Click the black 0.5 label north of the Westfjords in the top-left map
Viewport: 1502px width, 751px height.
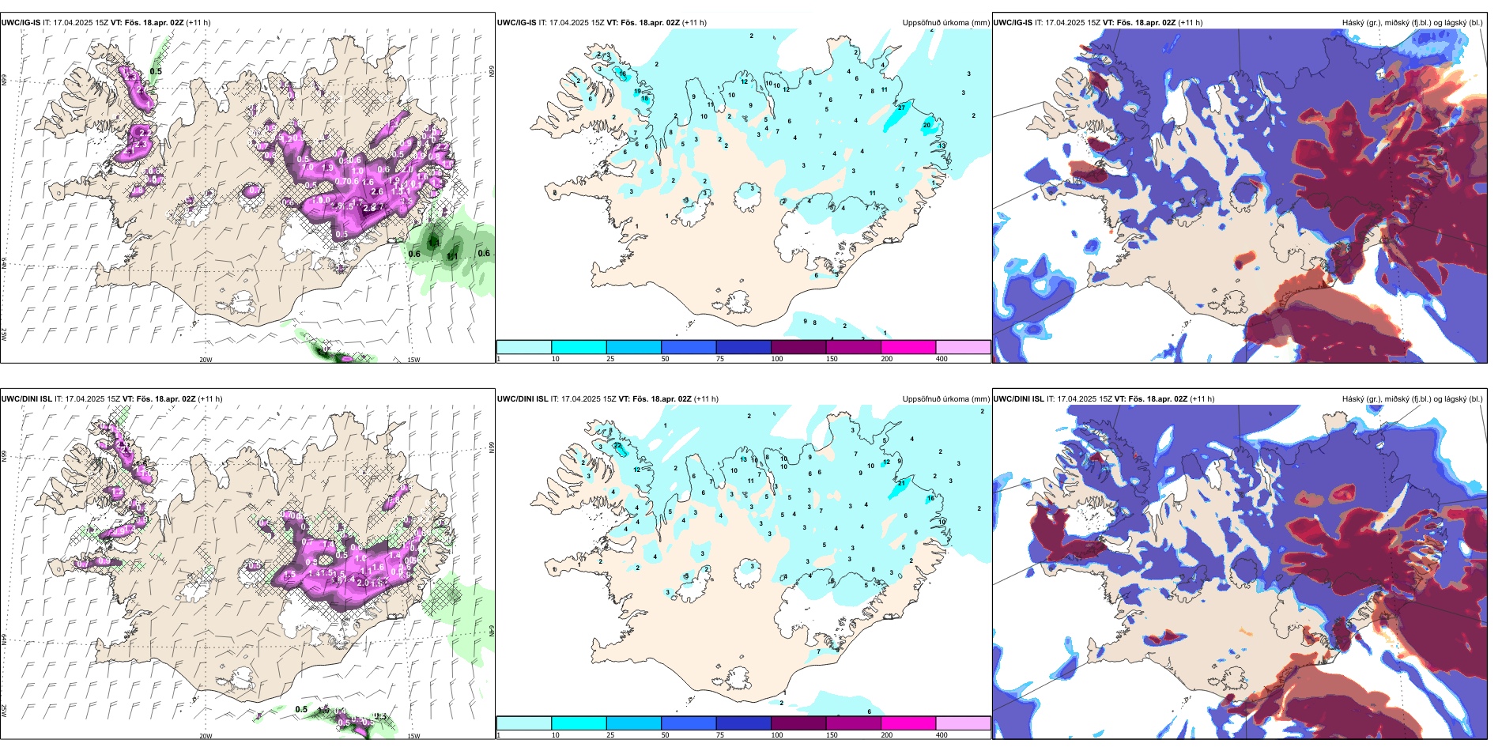coord(156,72)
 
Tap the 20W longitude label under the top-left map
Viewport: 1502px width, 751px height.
coord(206,360)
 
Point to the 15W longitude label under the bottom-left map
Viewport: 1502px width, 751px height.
coord(413,736)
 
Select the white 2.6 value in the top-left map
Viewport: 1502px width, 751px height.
coord(377,191)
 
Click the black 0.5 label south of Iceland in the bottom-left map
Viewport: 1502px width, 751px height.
coord(301,710)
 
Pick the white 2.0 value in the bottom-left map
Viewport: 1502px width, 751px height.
coord(363,583)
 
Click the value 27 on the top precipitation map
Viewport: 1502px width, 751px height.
coord(901,108)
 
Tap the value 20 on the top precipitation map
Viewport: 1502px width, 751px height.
coord(927,126)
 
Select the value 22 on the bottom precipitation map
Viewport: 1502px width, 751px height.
coord(618,446)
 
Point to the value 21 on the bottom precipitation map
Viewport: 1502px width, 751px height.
coord(901,483)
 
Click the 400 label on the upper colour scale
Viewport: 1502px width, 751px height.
coord(942,359)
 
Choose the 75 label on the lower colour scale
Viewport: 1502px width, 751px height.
coord(720,735)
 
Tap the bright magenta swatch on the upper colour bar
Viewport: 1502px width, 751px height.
coord(908,347)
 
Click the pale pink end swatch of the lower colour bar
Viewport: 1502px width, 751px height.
coord(963,723)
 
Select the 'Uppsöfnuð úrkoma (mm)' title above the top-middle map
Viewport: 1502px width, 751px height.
coord(945,23)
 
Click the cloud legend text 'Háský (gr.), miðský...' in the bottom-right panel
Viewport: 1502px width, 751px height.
coord(1412,399)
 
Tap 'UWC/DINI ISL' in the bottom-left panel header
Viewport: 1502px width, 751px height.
coord(27,399)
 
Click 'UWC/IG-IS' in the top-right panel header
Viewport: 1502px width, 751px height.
coord(1013,23)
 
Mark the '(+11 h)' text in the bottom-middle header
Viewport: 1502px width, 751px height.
coord(706,399)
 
